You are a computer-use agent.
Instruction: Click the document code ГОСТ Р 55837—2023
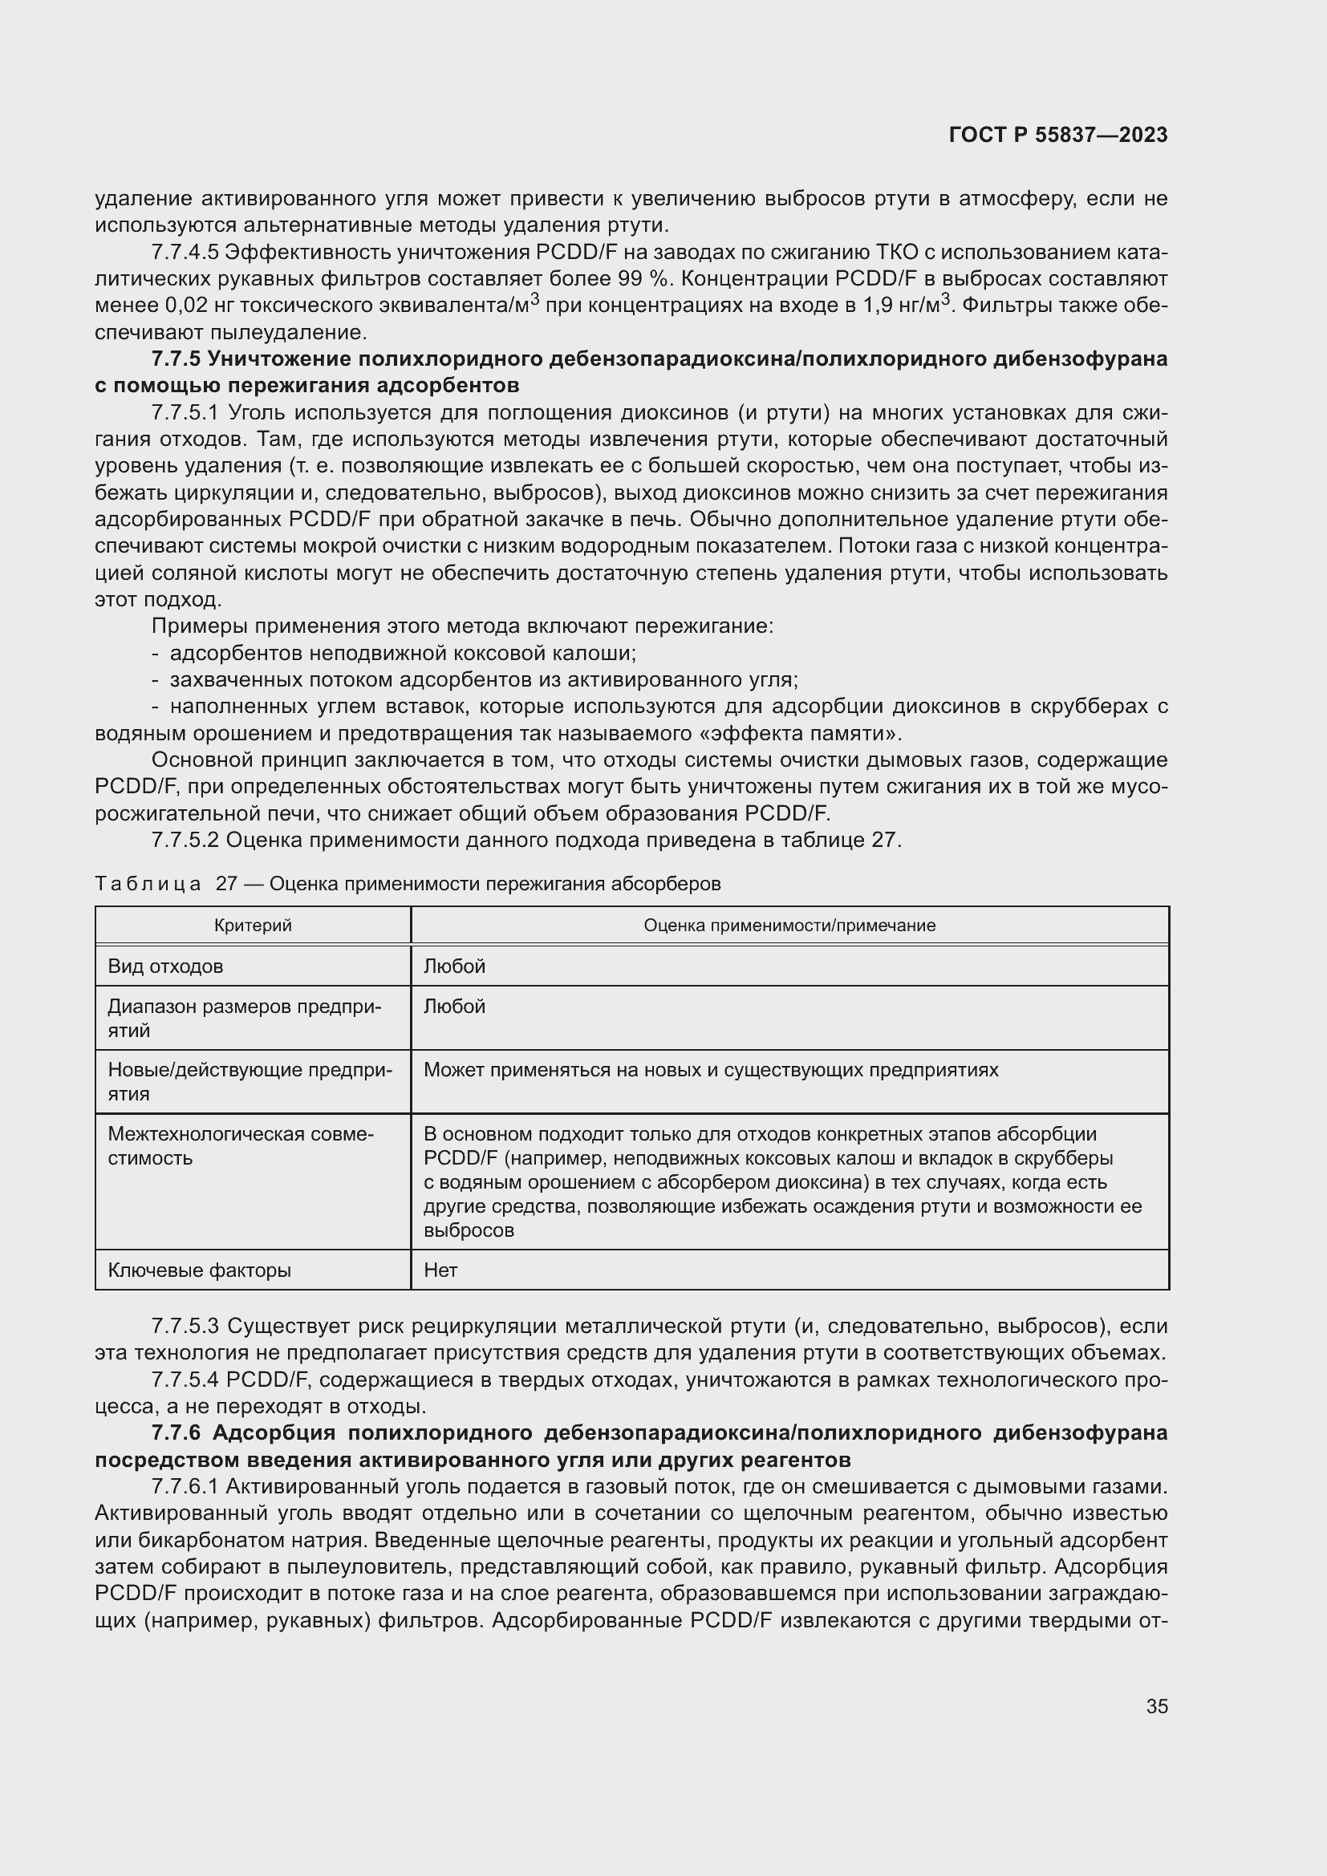click(x=1058, y=136)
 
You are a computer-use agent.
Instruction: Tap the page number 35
click(x=1156, y=1706)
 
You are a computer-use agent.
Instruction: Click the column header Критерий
click(x=253, y=925)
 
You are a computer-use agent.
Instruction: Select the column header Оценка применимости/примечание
click(x=789, y=925)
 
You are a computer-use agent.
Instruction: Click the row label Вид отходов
click(x=165, y=966)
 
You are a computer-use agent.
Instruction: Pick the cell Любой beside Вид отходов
click(x=454, y=966)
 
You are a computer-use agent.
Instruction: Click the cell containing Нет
click(x=440, y=1270)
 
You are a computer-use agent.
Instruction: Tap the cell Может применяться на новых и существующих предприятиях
click(x=711, y=1070)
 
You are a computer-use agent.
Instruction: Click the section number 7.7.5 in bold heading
click(x=177, y=359)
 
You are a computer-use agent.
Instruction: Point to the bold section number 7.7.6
click(x=177, y=1432)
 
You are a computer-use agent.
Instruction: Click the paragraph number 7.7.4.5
click(x=185, y=253)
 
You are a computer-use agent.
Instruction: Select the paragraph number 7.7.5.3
click(x=185, y=1325)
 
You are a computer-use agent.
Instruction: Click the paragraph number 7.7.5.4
click(x=185, y=1380)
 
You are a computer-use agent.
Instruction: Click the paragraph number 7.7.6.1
click(x=185, y=1486)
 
